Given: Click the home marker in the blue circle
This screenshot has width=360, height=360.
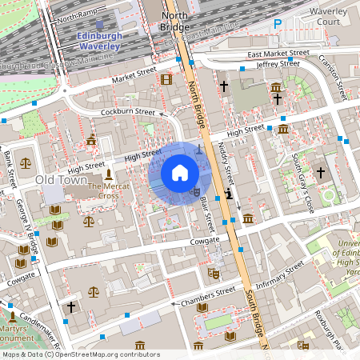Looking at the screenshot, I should coord(180,173).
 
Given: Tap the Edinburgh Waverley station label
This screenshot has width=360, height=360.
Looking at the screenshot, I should coord(99,42).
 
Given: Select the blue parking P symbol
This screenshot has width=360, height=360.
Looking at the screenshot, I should coord(278,24).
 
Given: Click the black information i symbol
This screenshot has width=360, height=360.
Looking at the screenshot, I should coord(229,193).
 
